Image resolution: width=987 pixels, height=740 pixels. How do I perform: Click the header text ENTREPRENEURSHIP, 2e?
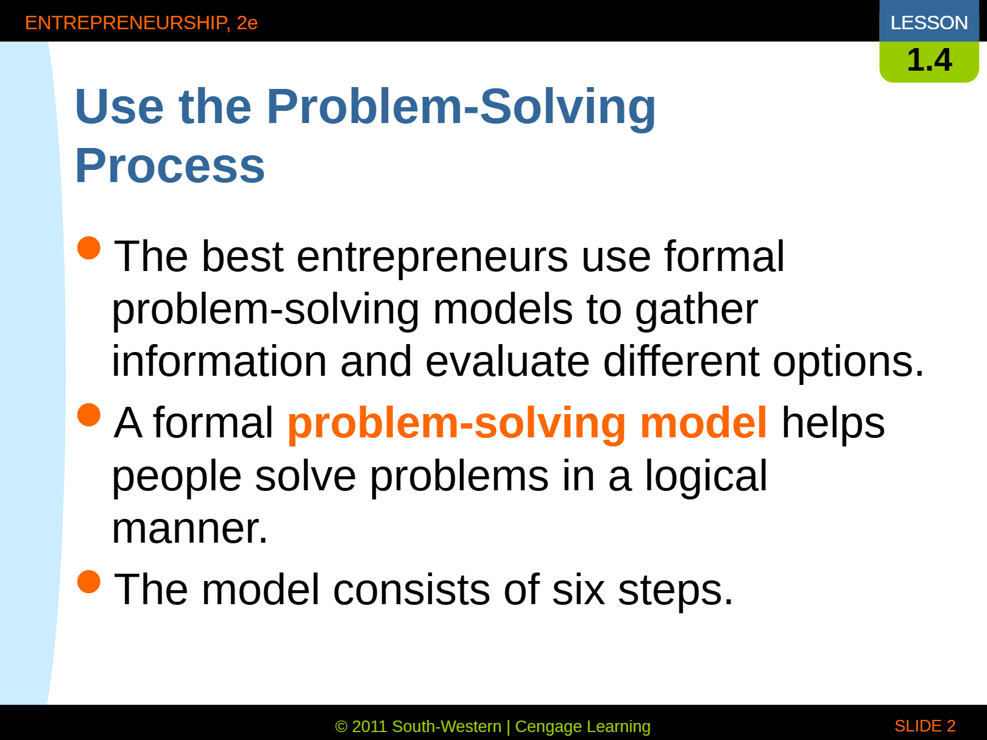(x=141, y=23)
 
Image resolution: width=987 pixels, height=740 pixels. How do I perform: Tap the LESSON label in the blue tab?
(x=929, y=23)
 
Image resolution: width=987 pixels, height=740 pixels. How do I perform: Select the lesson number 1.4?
(x=929, y=60)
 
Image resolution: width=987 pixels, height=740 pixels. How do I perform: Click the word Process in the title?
(x=170, y=166)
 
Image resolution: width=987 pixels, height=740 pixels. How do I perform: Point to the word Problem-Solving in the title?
(x=461, y=107)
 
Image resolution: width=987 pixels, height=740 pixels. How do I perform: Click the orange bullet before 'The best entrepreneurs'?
(x=88, y=248)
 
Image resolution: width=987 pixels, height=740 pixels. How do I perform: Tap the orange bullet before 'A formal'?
(x=88, y=415)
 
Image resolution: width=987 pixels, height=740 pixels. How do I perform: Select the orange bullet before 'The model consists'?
(x=88, y=582)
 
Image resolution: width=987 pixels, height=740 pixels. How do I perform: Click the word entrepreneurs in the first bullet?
(x=432, y=258)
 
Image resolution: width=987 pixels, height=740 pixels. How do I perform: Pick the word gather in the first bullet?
(x=696, y=311)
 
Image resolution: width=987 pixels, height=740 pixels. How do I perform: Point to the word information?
(x=219, y=361)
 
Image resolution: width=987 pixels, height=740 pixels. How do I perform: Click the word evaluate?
(x=508, y=361)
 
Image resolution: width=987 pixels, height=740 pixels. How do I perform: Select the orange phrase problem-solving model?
(x=527, y=423)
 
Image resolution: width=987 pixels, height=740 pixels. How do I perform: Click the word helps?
(x=833, y=423)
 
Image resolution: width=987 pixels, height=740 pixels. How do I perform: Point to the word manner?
(x=189, y=529)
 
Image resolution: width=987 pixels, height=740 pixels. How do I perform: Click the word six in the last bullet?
(x=578, y=590)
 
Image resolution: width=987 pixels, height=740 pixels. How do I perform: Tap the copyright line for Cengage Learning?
(x=493, y=727)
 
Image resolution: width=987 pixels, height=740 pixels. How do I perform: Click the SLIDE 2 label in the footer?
(x=925, y=726)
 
